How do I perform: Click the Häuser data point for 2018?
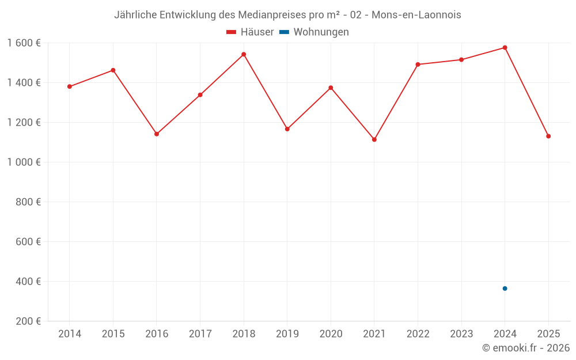coord(244,54)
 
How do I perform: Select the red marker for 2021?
coord(374,139)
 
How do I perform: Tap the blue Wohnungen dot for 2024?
coord(505,289)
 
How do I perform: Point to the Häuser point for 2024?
coord(505,47)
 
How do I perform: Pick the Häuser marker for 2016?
coord(157,134)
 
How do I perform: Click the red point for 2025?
coord(548,136)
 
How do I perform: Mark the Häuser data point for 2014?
coord(70,86)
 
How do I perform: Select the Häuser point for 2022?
coord(418,65)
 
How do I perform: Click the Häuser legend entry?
coord(250,32)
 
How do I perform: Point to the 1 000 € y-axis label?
coord(24,162)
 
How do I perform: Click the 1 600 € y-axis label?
coord(24,43)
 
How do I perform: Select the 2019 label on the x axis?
coord(287,334)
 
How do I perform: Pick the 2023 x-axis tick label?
coord(461,334)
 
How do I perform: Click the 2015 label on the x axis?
coord(113,334)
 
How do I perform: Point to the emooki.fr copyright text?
coord(525,348)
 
